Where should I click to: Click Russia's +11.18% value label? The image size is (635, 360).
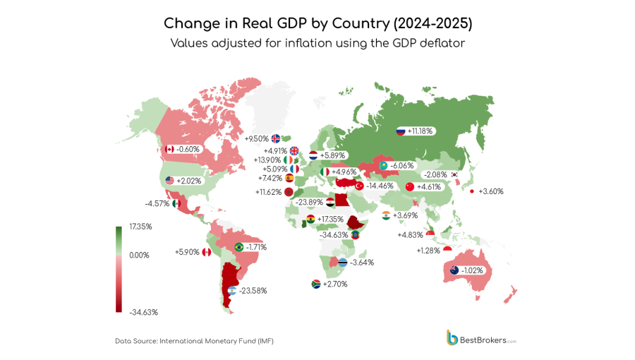pos(421,131)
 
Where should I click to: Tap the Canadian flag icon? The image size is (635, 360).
pos(169,149)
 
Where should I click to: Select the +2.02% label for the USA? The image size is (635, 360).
pos(188,181)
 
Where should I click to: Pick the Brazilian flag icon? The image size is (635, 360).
pos(238,247)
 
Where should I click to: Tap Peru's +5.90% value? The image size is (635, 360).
pos(187,252)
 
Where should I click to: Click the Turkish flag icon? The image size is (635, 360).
pos(358,186)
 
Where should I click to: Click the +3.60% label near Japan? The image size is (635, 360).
pos(491,191)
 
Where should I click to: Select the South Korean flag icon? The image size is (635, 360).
pos(455,174)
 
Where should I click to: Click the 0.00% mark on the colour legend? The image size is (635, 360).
pos(138,255)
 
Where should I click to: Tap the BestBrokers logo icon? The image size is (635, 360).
pos(452,337)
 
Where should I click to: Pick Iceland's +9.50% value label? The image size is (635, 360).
pos(257,138)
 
